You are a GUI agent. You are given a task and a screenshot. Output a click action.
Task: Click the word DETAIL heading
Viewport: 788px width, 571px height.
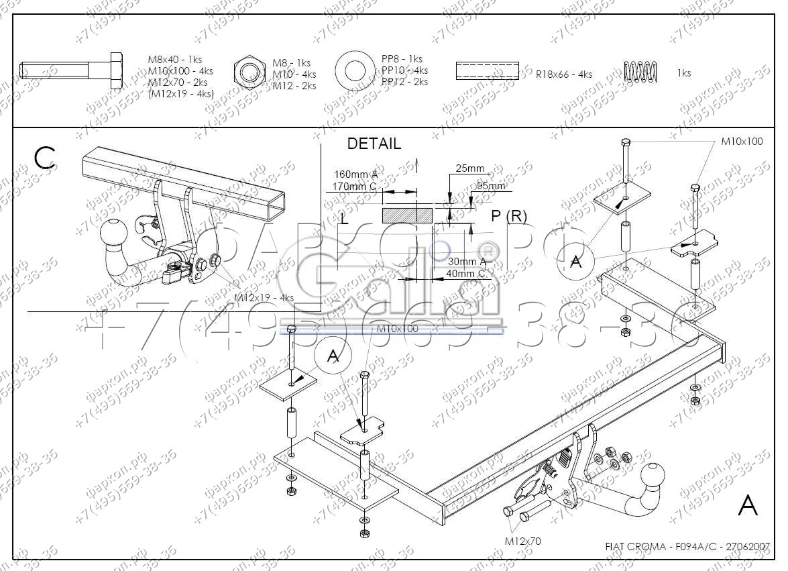coord(374,144)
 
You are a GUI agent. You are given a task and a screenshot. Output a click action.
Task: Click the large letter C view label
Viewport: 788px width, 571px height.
coord(44,158)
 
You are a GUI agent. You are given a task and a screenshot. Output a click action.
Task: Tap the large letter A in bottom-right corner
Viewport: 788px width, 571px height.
coord(748,507)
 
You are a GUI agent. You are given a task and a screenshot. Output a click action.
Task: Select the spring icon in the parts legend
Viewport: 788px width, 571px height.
coord(640,70)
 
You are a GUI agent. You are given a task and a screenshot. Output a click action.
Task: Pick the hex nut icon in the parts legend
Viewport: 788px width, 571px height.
coord(249,72)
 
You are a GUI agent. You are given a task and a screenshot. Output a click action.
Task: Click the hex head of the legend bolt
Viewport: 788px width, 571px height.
coord(115,70)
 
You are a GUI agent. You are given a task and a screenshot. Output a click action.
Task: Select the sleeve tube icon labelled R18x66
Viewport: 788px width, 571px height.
coord(487,70)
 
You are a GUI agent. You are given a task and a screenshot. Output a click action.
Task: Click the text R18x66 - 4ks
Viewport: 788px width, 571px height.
coord(563,74)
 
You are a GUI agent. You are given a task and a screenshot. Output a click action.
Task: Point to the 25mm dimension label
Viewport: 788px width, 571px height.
coord(469,168)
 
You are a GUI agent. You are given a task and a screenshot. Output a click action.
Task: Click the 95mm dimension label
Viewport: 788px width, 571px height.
coord(491,186)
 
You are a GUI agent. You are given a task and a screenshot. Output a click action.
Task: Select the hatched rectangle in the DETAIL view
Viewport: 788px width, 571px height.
coord(399,215)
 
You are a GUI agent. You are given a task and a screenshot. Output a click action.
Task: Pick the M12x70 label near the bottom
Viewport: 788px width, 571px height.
coord(523,540)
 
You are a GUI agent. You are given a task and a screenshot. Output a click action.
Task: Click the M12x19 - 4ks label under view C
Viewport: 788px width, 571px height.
coord(264,297)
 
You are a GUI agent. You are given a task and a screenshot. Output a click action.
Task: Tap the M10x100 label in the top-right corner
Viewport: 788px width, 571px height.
coord(742,142)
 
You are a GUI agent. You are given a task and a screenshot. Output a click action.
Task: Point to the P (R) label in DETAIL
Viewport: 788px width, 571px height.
coord(509,216)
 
